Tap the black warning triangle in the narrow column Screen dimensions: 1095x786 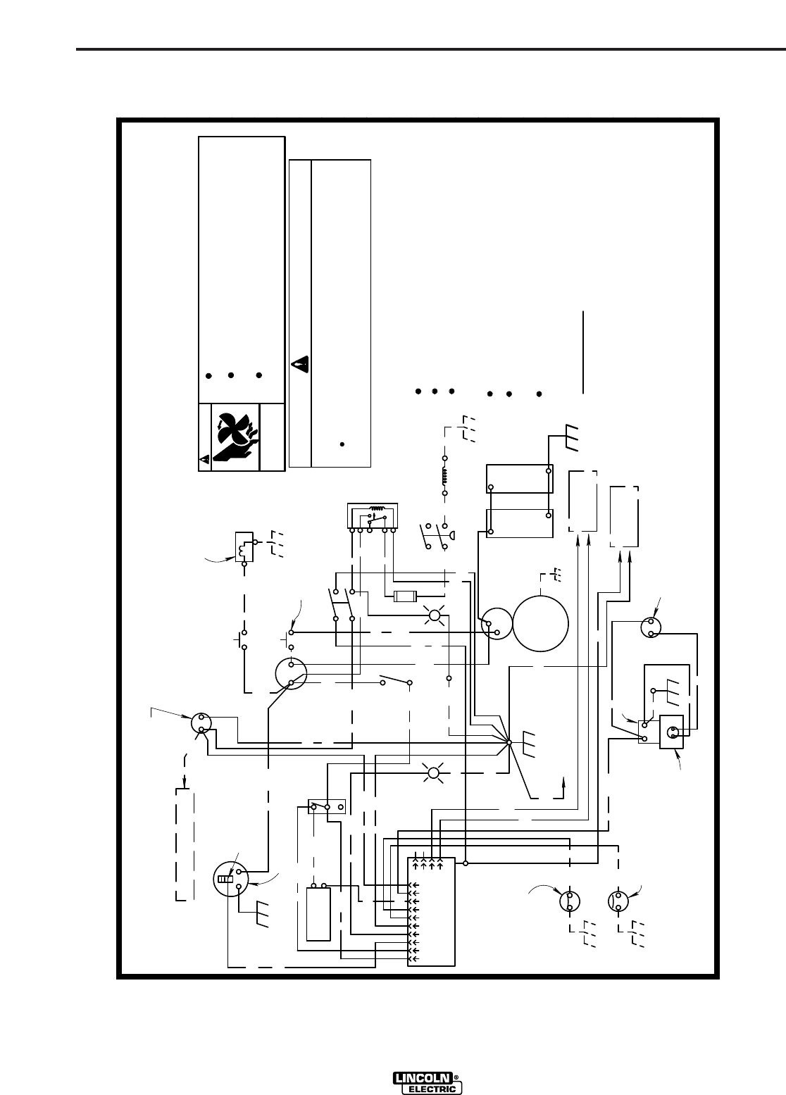pos(299,364)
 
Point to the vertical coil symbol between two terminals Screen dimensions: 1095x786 pos(444,476)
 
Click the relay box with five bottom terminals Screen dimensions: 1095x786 pos(373,515)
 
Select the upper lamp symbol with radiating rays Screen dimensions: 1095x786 pos(435,618)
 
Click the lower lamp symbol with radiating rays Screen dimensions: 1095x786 pos(434,775)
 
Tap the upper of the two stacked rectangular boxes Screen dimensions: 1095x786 pos(520,478)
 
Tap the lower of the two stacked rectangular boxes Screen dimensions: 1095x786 pos(520,523)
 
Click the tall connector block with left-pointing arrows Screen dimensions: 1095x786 pos(432,912)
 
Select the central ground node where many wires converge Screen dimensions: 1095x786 pos(509,742)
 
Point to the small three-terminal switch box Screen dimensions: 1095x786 pos(326,807)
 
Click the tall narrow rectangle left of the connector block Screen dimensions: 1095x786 pos(319,914)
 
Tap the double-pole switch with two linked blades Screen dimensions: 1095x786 pos(343,604)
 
